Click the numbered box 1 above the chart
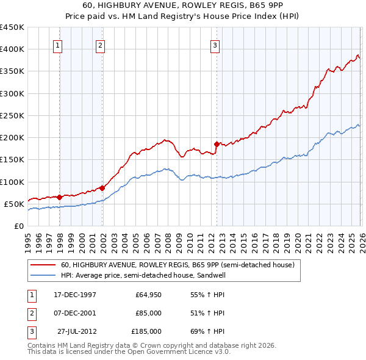[x=57, y=45]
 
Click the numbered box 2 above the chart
[x=99, y=45]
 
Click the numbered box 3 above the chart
[x=215, y=45]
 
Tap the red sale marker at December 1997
[x=60, y=197]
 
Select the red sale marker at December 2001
[x=102, y=189]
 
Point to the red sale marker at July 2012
[x=217, y=145]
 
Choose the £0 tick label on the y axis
[x=18, y=226]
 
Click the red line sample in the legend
[x=43, y=265]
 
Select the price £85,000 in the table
[x=148, y=313]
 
